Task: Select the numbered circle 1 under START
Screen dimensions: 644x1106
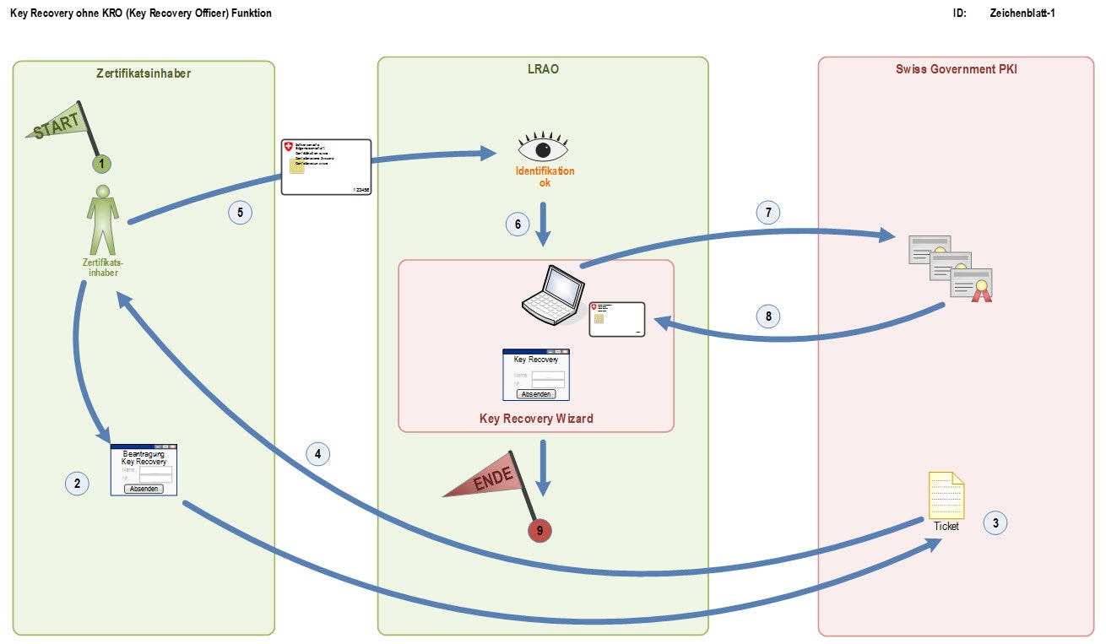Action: coord(101,162)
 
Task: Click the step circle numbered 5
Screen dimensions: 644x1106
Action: coord(240,213)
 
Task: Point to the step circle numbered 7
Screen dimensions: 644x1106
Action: coord(767,212)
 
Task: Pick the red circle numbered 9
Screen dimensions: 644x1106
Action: coord(539,530)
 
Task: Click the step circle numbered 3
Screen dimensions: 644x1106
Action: coord(995,522)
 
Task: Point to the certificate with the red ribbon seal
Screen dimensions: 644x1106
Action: coord(971,284)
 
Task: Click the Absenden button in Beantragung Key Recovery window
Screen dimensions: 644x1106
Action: coord(144,488)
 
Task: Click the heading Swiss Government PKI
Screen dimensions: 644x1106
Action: coord(956,69)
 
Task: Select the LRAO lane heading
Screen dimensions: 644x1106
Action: coord(543,69)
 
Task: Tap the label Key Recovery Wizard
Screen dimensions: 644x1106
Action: coord(536,418)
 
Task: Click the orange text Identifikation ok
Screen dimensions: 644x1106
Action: coord(545,176)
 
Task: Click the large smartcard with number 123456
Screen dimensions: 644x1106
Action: coord(326,167)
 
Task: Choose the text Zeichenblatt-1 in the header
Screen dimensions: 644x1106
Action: coord(1022,14)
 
